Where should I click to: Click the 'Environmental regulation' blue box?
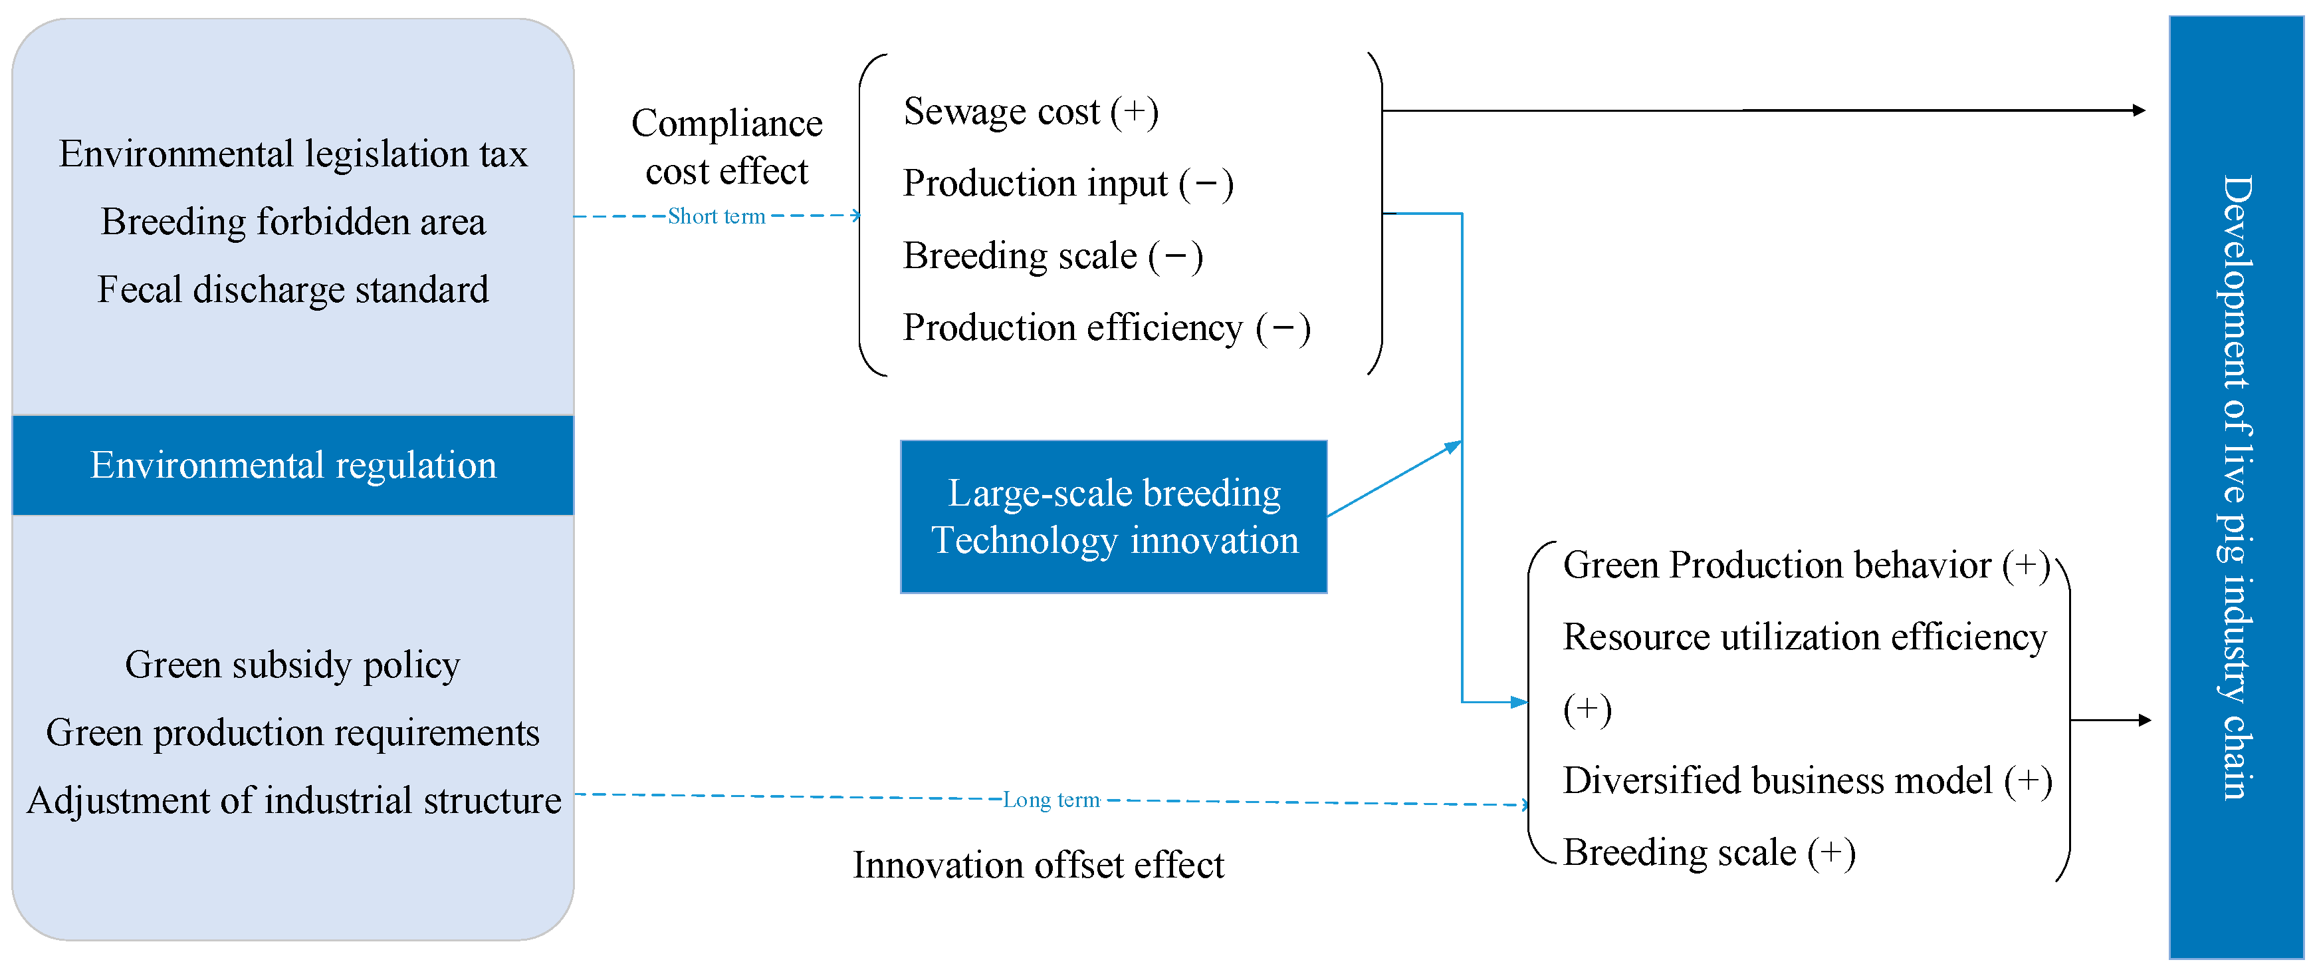(292, 465)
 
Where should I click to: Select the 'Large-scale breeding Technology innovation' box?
(1113, 516)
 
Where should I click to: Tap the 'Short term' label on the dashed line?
(716, 217)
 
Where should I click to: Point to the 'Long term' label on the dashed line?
(1051, 800)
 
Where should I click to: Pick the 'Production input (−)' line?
(1067, 184)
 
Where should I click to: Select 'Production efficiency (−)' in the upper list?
(1107, 327)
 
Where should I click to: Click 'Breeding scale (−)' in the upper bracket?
(1052, 255)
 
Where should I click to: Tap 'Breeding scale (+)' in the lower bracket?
(1708, 852)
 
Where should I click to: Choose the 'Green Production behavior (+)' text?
(1805, 566)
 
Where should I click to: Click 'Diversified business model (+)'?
(1807, 780)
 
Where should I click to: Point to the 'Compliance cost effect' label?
(726, 147)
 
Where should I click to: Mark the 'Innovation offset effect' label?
(1038, 865)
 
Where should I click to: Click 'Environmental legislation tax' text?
(293, 154)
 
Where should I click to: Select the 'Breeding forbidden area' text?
(293, 222)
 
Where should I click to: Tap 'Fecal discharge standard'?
(293, 290)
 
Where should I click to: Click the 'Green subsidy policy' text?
(292, 665)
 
